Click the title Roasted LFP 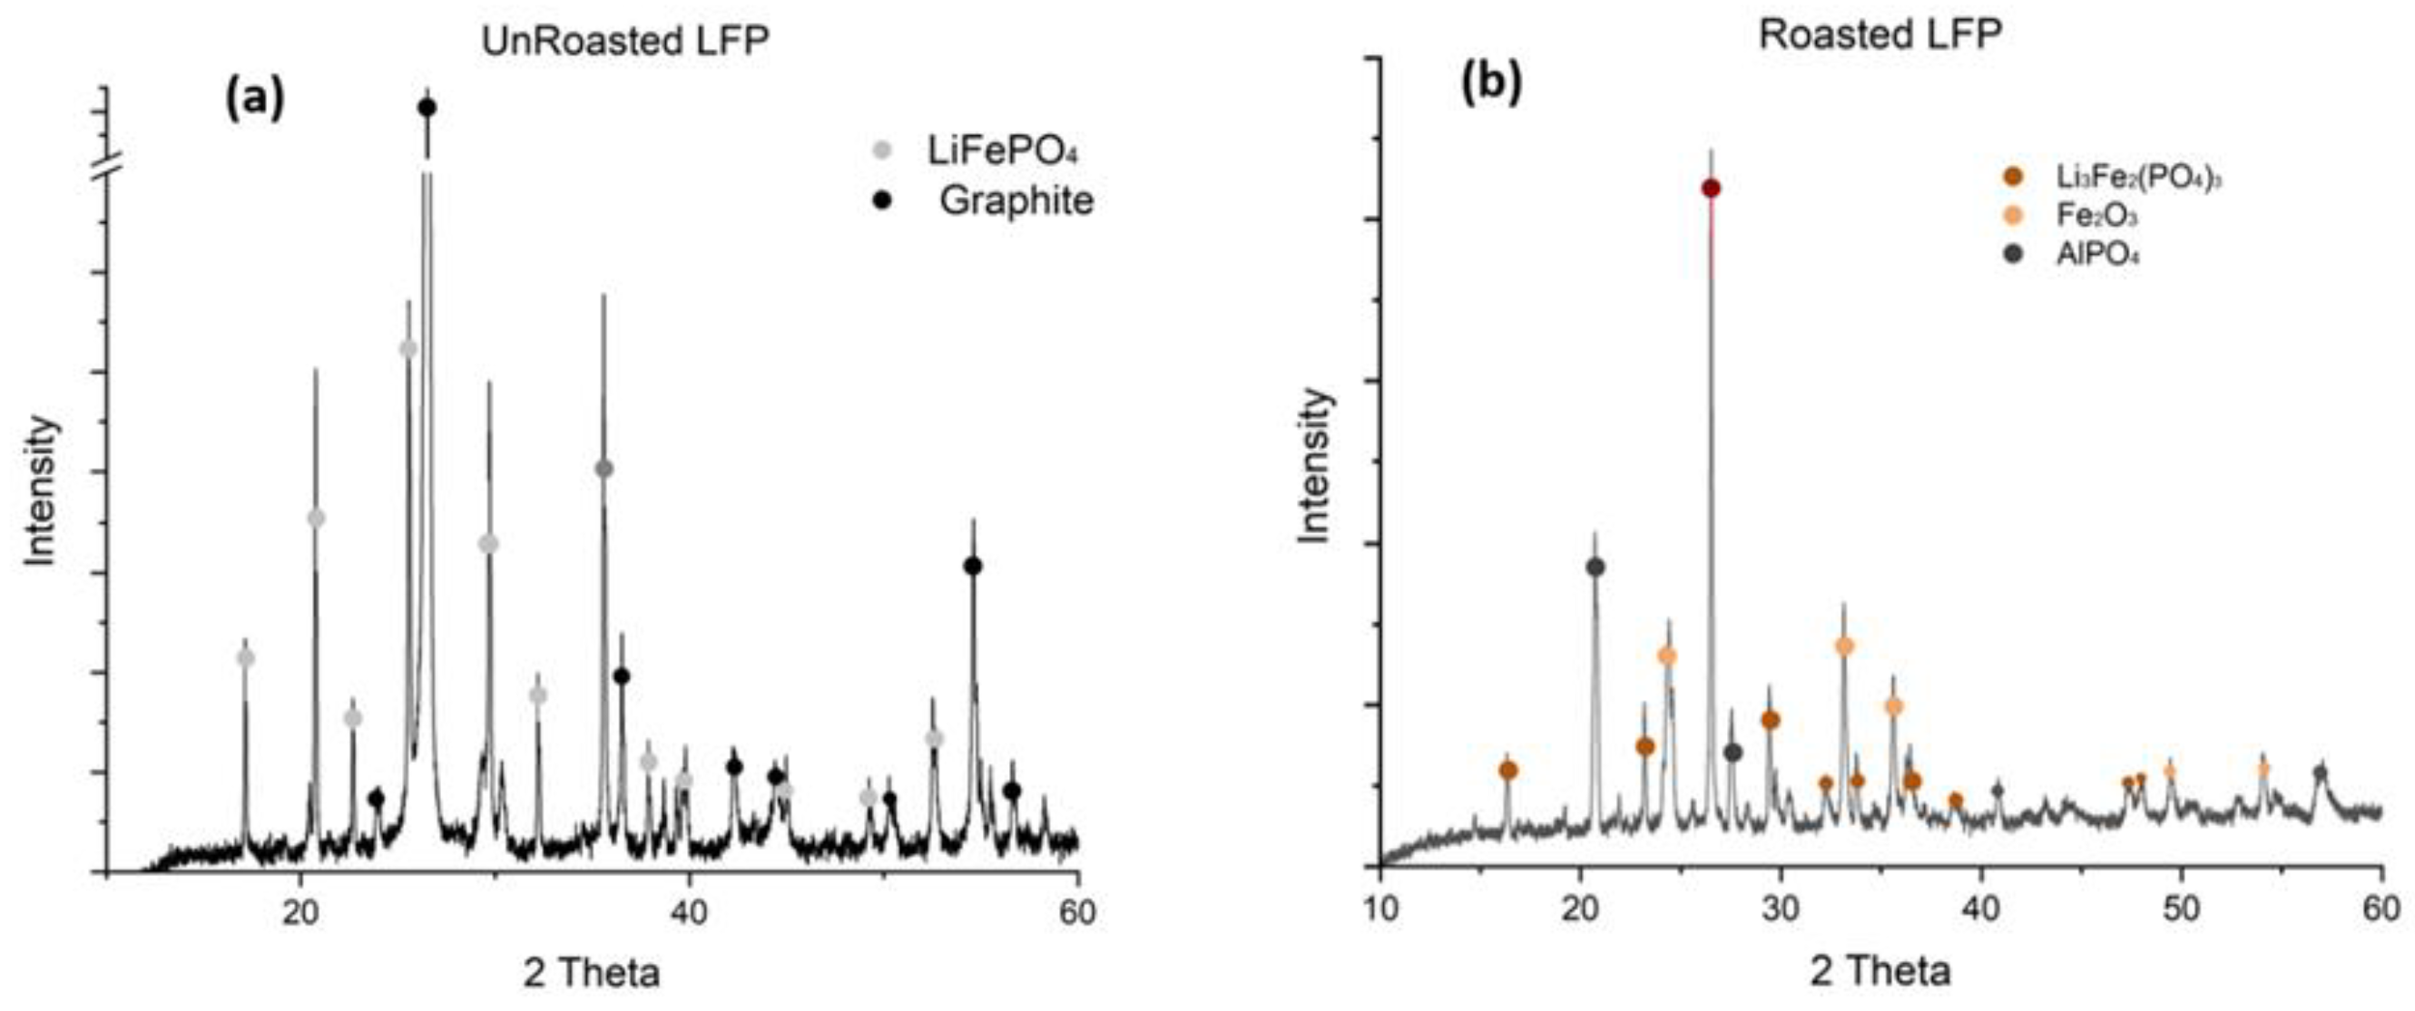pyautogui.click(x=1880, y=34)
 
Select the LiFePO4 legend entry pyautogui.click(x=1002, y=150)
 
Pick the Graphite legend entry pyautogui.click(x=1016, y=200)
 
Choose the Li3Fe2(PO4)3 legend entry pyautogui.click(x=2136, y=176)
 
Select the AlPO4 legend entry pyautogui.click(x=2096, y=255)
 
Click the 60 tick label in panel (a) pyautogui.click(x=1078, y=911)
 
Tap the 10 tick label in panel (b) pyautogui.click(x=1380, y=909)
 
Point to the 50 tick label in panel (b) pyautogui.click(x=2182, y=909)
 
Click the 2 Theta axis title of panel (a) pyautogui.click(x=592, y=973)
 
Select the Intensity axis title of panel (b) pyautogui.click(x=1315, y=465)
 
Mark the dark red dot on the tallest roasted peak pyautogui.click(x=1711, y=190)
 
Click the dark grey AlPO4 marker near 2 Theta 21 pyautogui.click(x=1595, y=567)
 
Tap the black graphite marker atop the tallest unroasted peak pyautogui.click(x=427, y=108)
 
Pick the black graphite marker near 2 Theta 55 pyautogui.click(x=972, y=566)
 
